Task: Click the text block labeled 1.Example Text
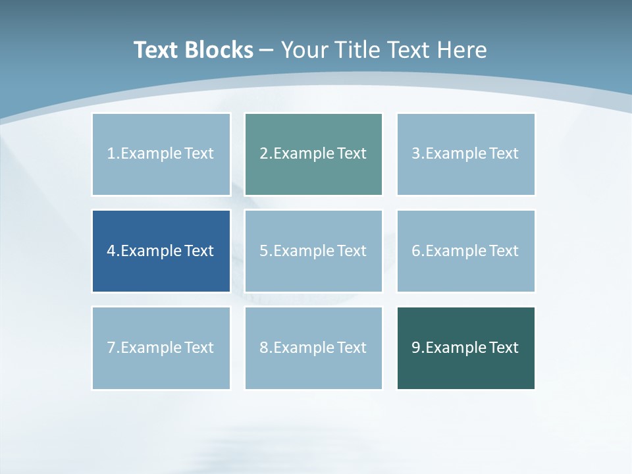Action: click(x=161, y=154)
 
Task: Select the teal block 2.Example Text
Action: click(x=313, y=154)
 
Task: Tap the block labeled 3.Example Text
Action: click(x=465, y=154)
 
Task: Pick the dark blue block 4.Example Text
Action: click(x=161, y=251)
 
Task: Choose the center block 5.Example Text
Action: click(x=313, y=251)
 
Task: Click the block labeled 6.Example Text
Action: click(x=465, y=251)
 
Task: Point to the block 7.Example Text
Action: click(x=161, y=348)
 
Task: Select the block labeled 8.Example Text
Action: click(x=313, y=348)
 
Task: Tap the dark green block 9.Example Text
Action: click(x=465, y=348)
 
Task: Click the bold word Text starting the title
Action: click(x=155, y=50)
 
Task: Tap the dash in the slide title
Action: click(x=267, y=50)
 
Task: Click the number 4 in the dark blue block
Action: click(x=111, y=251)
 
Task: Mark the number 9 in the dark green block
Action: click(x=416, y=348)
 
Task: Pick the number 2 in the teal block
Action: click(x=263, y=154)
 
